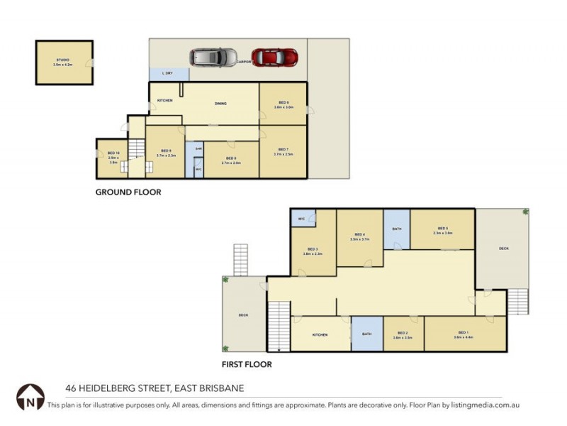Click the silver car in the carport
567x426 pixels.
[x=213, y=57]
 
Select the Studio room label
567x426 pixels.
[x=63, y=60]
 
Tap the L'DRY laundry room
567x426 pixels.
[x=169, y=73]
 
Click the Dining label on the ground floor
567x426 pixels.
[x=220, y=104]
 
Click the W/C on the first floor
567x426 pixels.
[x=301, y=218]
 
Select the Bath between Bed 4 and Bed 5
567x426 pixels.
[x=397, y=229]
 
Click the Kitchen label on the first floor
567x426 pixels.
[x=320, y=335]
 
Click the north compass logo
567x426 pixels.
[x=30, y=397]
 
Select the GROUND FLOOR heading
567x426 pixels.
[x=128, y=192]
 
